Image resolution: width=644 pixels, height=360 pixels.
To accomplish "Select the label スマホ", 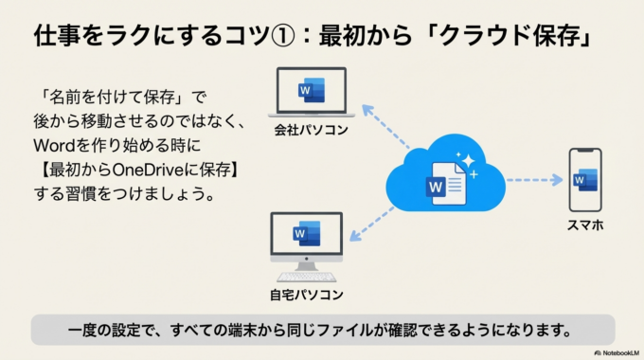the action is pos(585,226).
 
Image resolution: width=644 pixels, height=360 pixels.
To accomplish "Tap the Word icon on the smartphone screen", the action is pos(584,179).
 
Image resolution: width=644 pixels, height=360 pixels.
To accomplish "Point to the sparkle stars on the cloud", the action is pos(467,163).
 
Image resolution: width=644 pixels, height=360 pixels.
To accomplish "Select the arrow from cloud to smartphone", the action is pos(534,179).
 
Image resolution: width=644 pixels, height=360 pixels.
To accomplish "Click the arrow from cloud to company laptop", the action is pos(386,129).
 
